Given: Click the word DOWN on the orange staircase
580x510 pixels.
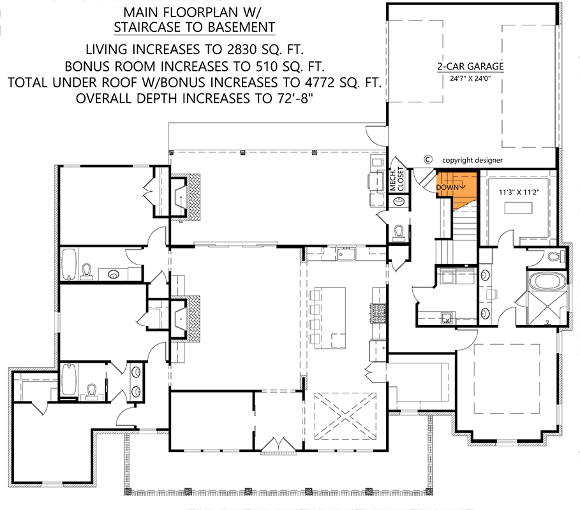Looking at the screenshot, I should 449,187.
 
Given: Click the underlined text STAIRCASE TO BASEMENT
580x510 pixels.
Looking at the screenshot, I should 195,27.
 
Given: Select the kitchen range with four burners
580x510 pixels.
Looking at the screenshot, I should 377,313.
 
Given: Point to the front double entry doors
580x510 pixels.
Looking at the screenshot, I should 278,445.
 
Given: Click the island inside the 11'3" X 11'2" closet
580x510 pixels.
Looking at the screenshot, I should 517,208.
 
